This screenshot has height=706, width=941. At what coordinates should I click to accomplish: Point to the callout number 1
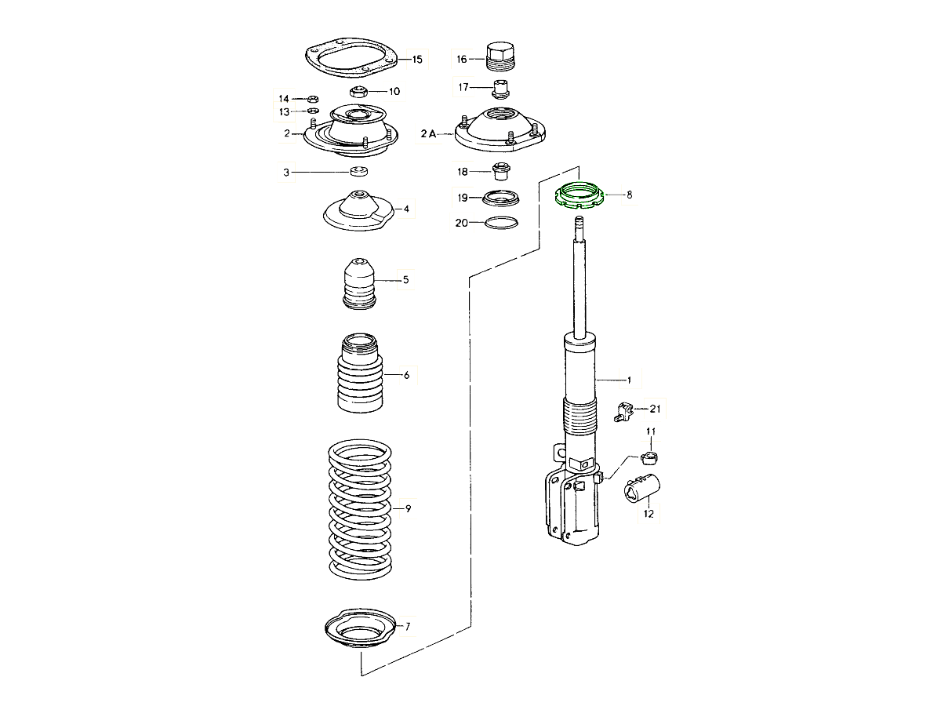pos(628,380)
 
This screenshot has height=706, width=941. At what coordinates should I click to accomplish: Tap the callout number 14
pos(284,99)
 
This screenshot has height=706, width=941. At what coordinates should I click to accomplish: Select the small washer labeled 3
pos(359,172)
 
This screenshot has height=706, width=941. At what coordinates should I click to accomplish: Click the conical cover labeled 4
pos(358,210)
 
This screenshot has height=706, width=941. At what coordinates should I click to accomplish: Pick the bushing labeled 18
pos(501,170)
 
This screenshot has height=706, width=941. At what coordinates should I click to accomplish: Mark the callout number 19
pos(463,197)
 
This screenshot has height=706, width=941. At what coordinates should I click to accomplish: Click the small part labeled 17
pos(502,85)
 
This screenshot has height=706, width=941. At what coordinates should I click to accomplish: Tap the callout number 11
pos(651,432)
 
